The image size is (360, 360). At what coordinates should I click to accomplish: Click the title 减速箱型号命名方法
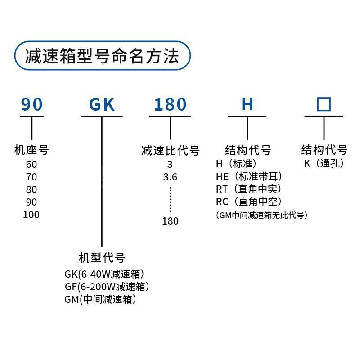point(102,56)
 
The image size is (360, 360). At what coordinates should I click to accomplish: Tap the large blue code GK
point(102,104)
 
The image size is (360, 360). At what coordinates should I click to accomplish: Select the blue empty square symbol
point(324,104)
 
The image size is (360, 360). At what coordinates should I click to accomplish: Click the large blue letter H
point(247,104)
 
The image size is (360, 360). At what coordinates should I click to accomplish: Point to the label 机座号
point(31,150)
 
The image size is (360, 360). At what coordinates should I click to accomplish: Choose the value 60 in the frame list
point(31,164)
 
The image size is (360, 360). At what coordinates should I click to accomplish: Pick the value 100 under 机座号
point(31,215)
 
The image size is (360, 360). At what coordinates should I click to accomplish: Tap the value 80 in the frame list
point(31,189)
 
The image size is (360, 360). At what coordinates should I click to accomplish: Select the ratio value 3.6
point(170,177)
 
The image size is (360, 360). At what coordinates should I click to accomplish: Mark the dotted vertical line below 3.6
point(171,199)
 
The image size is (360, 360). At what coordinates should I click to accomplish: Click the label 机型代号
point(102,258)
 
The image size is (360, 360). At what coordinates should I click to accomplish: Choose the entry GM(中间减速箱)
point(100,299)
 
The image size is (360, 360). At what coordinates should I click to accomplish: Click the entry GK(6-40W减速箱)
point(104,274)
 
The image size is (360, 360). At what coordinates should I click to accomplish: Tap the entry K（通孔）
point(324,163)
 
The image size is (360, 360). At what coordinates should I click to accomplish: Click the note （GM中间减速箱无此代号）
point(262,215)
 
